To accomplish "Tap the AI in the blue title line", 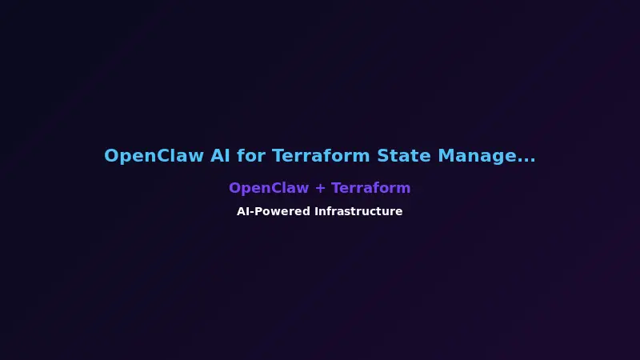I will pyautogui.click(x=221, y=156).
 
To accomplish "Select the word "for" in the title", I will pyautogui.click(x=251, y=156).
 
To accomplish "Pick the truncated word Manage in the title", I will pyautogui.click(x=477, y=156).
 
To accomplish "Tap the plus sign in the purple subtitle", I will pyautogui.click(x=320, y=189).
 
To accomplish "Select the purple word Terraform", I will pyautogui.click(x=371, y=188).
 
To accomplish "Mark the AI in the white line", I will pyautogui.click(x=243, y=212).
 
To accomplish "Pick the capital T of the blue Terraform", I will pyautogui.click(x=277, y=156).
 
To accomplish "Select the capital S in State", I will pyautogui.click(x=382, y=156).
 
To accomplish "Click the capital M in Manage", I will pyautogui.click(x=445, y=156).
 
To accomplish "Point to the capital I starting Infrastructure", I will pyautogui.click(x=316, y=212).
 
